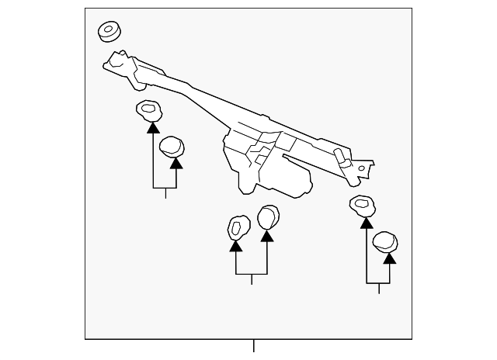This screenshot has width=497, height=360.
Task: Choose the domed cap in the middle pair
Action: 268,217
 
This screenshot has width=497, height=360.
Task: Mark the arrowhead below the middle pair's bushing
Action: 236,246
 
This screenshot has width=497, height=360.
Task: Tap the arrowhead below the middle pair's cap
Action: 267,234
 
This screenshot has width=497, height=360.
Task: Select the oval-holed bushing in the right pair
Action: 361,206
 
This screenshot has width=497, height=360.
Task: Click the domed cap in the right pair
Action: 385,241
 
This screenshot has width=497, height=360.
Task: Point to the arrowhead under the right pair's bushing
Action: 366,222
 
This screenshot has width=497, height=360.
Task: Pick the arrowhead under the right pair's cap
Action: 389,257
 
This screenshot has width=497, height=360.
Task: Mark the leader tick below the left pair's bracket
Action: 165,194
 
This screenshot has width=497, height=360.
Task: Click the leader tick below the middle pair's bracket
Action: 252,280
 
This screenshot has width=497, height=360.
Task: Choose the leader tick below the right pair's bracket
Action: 378,288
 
